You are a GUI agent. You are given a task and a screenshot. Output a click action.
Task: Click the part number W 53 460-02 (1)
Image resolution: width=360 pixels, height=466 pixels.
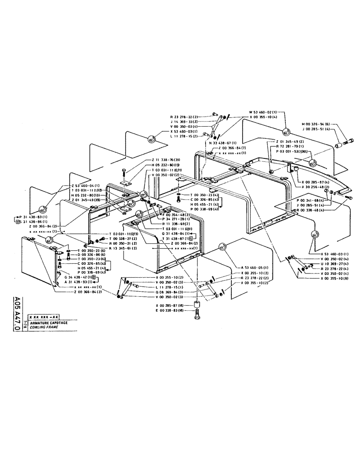coord(263,112)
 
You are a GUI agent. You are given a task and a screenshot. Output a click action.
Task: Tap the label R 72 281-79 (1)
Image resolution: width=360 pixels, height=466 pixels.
coord(292,146)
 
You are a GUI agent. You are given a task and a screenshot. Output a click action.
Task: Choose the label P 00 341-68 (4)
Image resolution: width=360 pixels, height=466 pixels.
coord(314,200)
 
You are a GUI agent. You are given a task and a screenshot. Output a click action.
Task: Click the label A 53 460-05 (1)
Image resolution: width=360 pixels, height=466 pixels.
coord(256,268)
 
